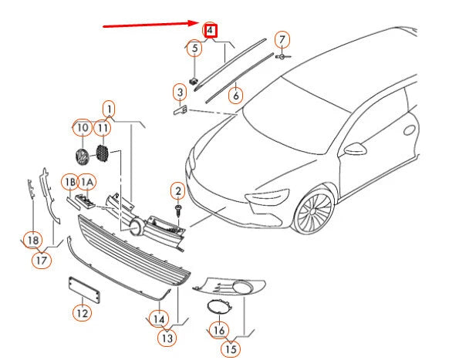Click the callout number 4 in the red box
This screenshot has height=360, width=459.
coord(210,32)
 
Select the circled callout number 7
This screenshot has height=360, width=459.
coord(282,39)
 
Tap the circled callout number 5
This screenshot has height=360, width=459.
coord(195,49)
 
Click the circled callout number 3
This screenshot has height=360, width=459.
coord(180,93)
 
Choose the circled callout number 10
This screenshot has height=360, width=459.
coord(81,127)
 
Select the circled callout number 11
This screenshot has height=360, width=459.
coord(103,127)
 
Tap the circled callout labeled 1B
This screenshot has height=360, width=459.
coord(70,182)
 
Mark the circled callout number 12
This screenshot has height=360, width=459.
coord(81,312)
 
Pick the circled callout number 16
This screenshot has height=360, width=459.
coord(218,330)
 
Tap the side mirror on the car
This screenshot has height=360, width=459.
coord(356,147)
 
